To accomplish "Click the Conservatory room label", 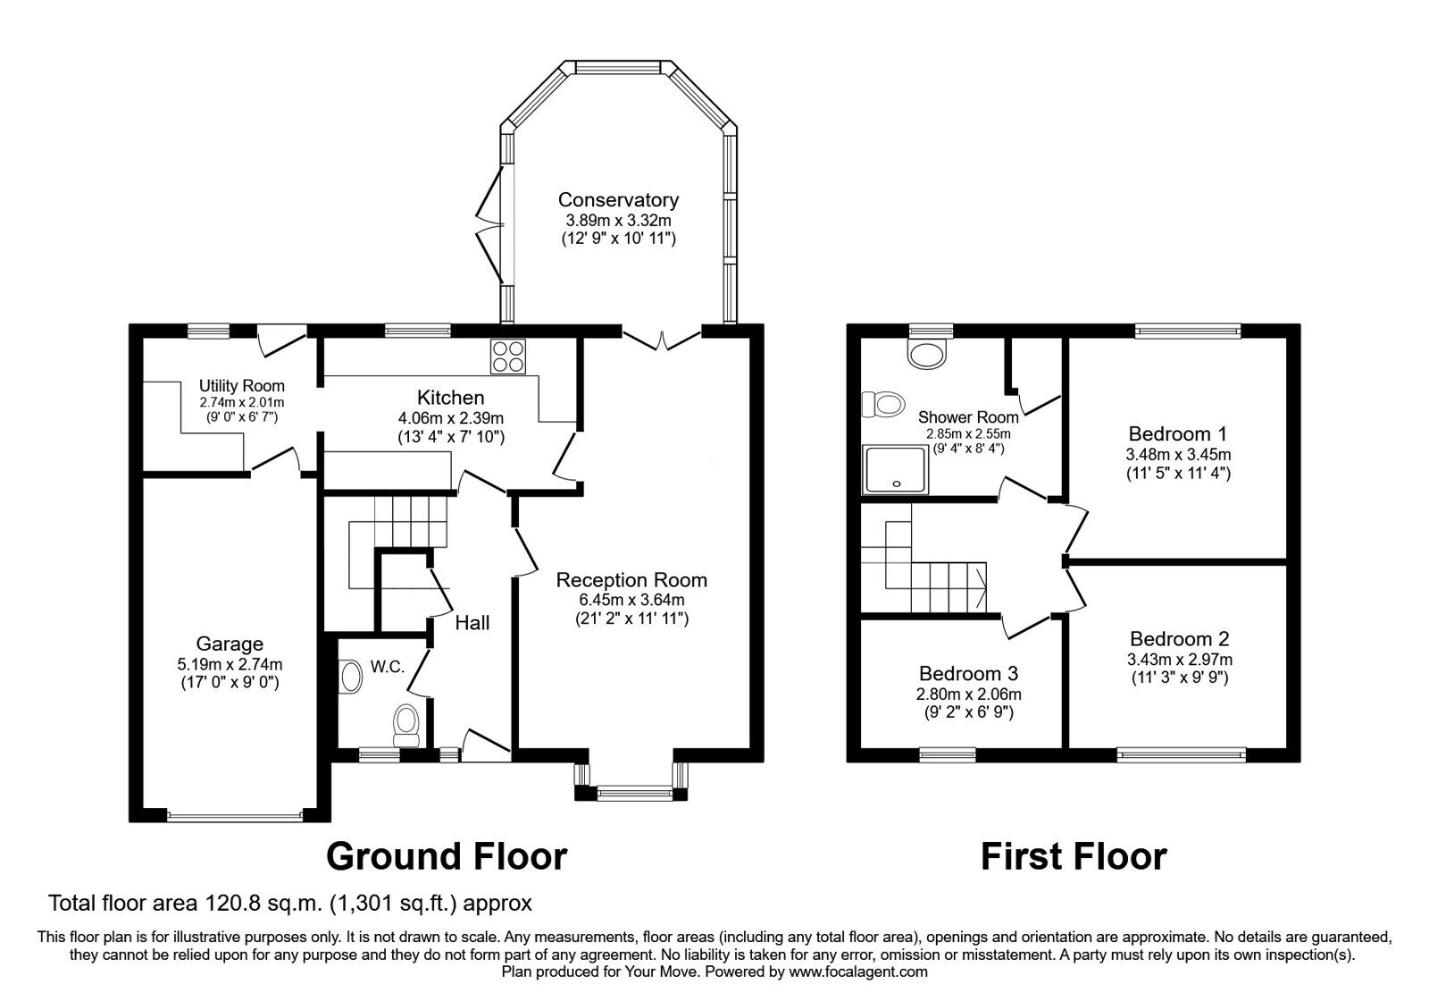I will tap(618, 200).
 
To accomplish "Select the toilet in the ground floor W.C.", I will tap(407, 723).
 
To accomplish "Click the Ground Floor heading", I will tap(447, 856).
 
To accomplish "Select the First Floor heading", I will tap(1074, 856).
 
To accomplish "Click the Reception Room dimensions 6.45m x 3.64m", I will tap(631, 600).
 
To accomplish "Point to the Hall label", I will tap(472, 623).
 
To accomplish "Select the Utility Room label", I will tap(241, 386).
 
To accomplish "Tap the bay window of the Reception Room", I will tap(632, 790).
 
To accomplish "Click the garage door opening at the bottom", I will tap(235, 815).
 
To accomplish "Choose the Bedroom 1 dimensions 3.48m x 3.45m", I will tap(1177, 454).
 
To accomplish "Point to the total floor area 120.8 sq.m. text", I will tap(290, 903).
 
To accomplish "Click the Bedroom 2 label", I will tap(1179, 639).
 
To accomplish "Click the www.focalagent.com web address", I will tap(858, 972).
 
